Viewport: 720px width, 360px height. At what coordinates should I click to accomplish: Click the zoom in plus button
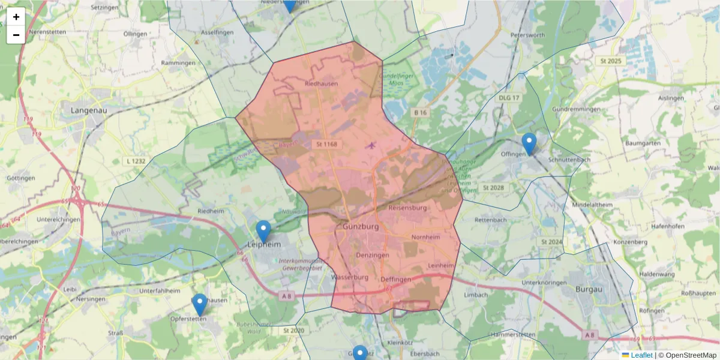coord(16,17)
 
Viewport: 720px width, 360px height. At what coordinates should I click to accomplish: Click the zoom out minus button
coord(16,35)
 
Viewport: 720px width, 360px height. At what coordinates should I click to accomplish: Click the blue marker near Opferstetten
coord(199,305)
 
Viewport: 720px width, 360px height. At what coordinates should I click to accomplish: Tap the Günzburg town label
coord(361,227)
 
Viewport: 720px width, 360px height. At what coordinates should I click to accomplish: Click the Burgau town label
coord(588,289)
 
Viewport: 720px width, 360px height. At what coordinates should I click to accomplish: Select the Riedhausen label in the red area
coord(322,84)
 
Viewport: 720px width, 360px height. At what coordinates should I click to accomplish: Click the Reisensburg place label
coord(407,208)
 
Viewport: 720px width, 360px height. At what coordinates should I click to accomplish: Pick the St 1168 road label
coord(326,144)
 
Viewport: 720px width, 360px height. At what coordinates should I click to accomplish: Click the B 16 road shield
coord(419,112)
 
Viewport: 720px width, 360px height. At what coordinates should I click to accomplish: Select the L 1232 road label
coord(137,161)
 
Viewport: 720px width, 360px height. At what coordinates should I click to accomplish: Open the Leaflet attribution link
coord(641,355)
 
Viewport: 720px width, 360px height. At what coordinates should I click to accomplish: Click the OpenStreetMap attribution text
coord(688,355)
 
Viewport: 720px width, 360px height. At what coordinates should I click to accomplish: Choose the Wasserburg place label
coord(349,278)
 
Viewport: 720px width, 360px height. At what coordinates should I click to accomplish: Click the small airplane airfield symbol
coord(372,145)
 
